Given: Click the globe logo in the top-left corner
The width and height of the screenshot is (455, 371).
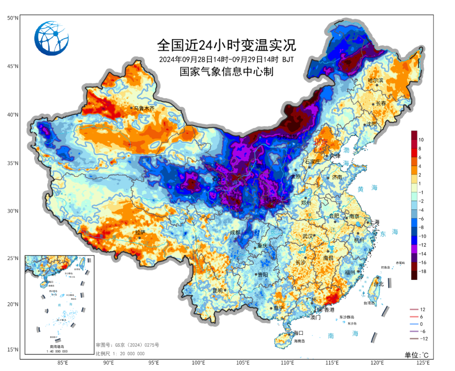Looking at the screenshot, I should [x=51, y=38].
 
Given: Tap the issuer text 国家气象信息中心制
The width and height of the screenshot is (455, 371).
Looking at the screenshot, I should [x=226, y=72].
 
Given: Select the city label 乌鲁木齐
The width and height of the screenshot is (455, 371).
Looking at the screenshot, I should [x=145, y=108].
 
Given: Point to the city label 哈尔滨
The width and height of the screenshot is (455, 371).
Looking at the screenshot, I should [x=375, y=80].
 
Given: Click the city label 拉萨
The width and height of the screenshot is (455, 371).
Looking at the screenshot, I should [x=140, y=232].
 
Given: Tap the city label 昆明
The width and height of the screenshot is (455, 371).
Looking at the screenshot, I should [x=217, y=290].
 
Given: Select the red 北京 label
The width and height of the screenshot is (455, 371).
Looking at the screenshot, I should [x=321, y=142].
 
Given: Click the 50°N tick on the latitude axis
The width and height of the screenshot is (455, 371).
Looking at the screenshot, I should [x=12, y=18].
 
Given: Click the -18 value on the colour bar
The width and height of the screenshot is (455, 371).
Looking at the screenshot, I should [x=423, y=272].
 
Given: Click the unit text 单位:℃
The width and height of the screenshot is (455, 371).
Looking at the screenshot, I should [x=416, y=355].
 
